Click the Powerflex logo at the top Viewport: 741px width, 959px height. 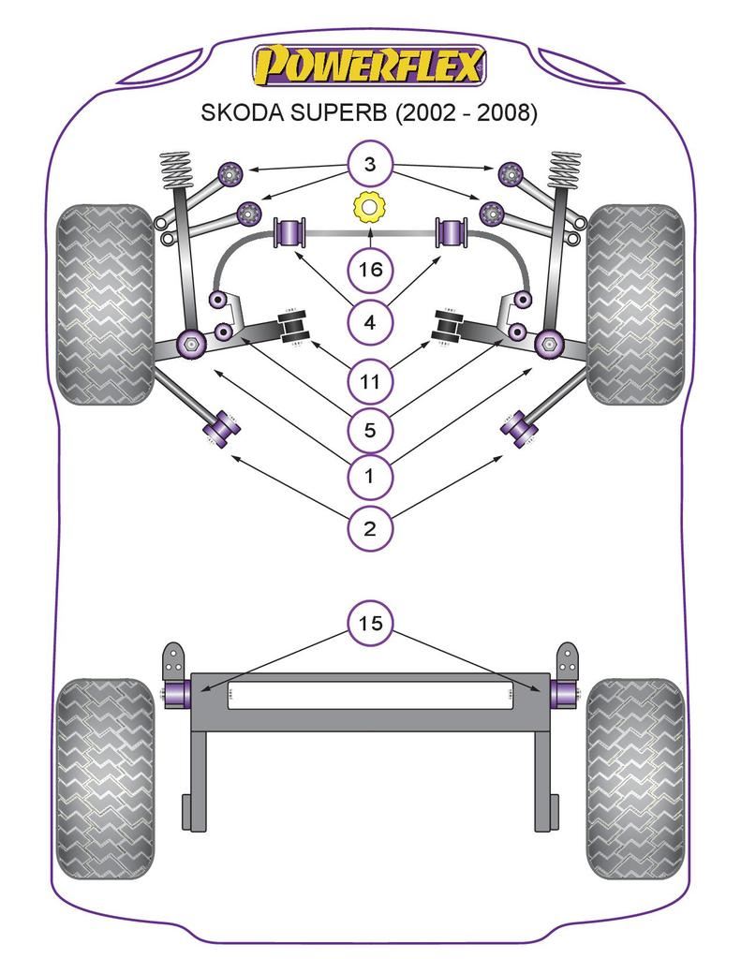click(x=369, y=66)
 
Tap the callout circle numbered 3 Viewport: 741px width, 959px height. click(x=369, y=167)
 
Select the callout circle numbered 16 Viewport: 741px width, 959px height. click(x=369, y=270)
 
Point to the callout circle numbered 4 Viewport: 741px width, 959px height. click(x=369, y=323)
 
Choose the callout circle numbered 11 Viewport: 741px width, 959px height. click(x=369, y=380)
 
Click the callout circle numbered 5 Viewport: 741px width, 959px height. click(x=369, y=430)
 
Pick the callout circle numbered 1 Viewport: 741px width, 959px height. click(x=369, y=477)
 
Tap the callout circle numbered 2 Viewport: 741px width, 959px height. click(x=369, y=528)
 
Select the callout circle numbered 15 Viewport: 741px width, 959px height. click(x=369, y=622)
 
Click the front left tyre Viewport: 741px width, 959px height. click(x=104, y=303)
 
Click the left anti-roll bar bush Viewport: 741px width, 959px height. click(x=289, y=233)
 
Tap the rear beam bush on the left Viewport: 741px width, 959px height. click(x=177, y=694)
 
